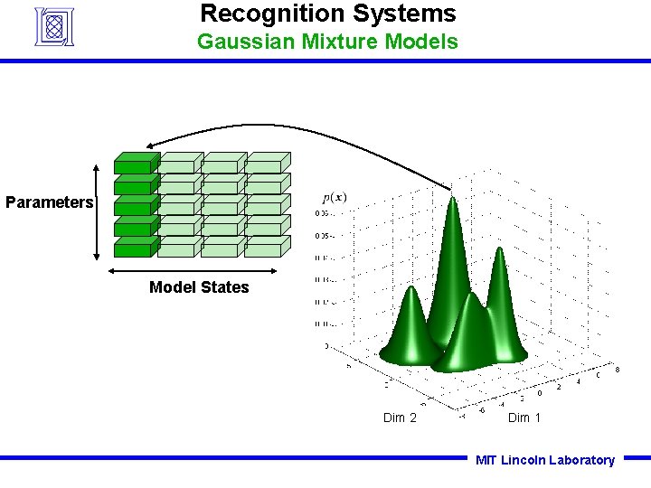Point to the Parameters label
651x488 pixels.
[49, 202]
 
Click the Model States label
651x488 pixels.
[199, 287]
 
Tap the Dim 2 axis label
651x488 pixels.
[400, 418]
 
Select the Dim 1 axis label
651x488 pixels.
[524, 418]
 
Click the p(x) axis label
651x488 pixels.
[335, 198]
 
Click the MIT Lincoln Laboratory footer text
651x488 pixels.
[545, 460]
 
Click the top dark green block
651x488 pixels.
[135, 164]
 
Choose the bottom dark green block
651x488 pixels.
[135, 249]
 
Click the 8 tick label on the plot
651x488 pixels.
[617, 370]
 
